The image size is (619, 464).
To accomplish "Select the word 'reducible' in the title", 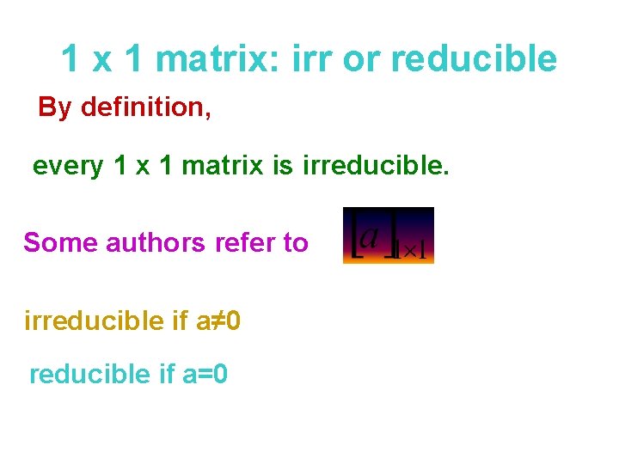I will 474,59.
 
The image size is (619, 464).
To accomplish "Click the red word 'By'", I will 55,107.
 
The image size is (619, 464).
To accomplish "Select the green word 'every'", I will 67,166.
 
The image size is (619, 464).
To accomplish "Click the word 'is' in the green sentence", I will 283,166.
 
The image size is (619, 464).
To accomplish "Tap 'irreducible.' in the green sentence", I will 376,166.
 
